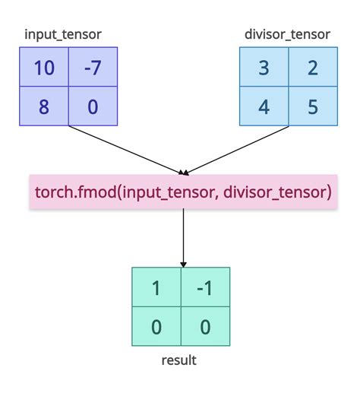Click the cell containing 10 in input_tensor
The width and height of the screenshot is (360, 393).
[44, 68]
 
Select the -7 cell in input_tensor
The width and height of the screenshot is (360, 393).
[93, 68]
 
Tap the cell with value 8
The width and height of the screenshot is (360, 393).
[44, 106]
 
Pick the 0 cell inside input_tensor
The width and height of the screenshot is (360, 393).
[93, 106]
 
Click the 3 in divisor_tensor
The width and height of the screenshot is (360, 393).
[264, 68]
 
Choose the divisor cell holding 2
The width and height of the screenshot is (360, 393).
[312, 68]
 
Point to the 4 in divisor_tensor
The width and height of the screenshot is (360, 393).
[264, 106]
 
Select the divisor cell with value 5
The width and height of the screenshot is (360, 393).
[312, 106]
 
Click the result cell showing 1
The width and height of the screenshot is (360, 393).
[156, 288]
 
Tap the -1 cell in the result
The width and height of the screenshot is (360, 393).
[204, 288]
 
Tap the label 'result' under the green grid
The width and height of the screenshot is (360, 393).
[179, 360]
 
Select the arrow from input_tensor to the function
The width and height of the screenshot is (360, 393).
[125, 149]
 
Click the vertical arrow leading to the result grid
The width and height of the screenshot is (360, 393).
[183, 236]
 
